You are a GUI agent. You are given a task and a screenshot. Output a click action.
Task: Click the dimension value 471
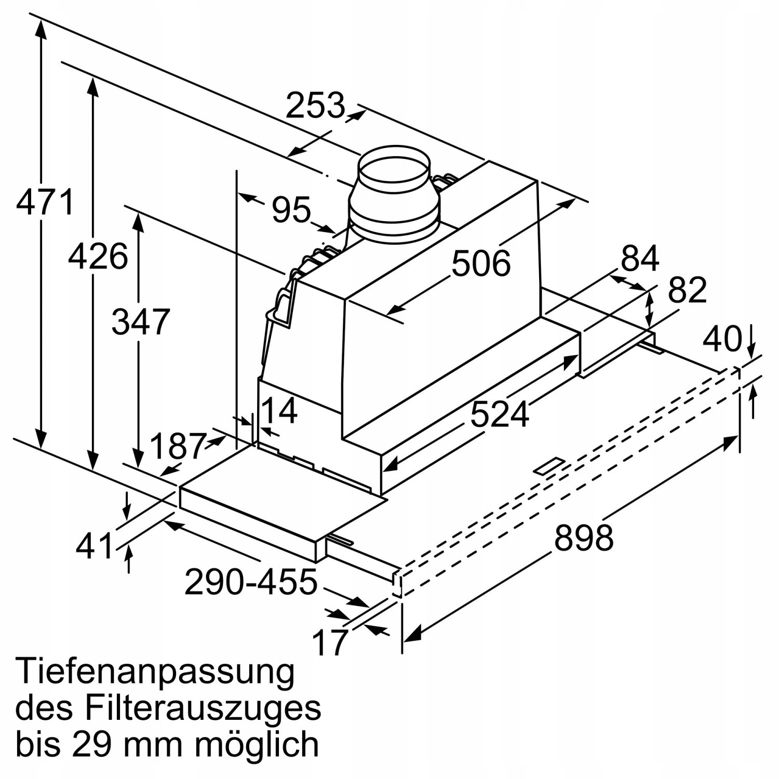click(46, 203)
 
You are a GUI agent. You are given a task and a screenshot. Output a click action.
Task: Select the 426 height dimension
click(98, 257)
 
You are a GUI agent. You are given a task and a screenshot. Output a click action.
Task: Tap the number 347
click(141, 322)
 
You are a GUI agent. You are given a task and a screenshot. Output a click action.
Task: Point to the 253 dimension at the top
click(315, 105)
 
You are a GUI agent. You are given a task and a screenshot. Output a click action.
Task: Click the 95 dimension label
click(291, 210)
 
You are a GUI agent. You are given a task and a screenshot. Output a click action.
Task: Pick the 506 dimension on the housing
click(481, 263)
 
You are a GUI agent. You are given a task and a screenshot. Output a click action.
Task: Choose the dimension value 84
click(640, 258)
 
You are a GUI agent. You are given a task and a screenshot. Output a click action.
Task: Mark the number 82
click(687, 290)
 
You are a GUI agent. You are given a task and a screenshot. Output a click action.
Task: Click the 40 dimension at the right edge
click(722, 340)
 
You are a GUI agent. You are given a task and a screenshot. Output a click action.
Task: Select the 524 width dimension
click(500, 414)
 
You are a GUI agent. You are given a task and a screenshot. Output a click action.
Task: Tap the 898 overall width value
click(584, 538)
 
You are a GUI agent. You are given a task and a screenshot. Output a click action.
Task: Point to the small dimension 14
click(279, 411)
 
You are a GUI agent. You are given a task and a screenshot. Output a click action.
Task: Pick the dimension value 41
click(95, 546)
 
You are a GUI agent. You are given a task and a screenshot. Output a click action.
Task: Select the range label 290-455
click(251, 582)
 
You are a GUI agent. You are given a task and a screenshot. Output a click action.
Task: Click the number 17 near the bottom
click(330, 642)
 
